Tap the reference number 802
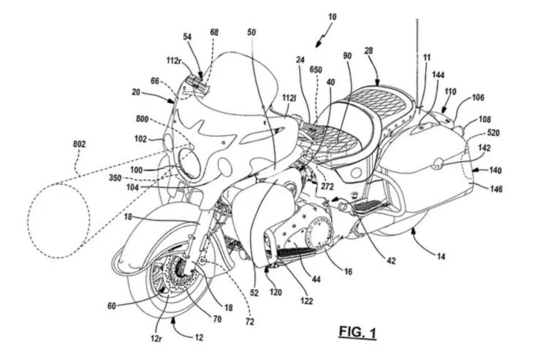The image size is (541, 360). point(79,144)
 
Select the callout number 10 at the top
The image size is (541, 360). point(312,15)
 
